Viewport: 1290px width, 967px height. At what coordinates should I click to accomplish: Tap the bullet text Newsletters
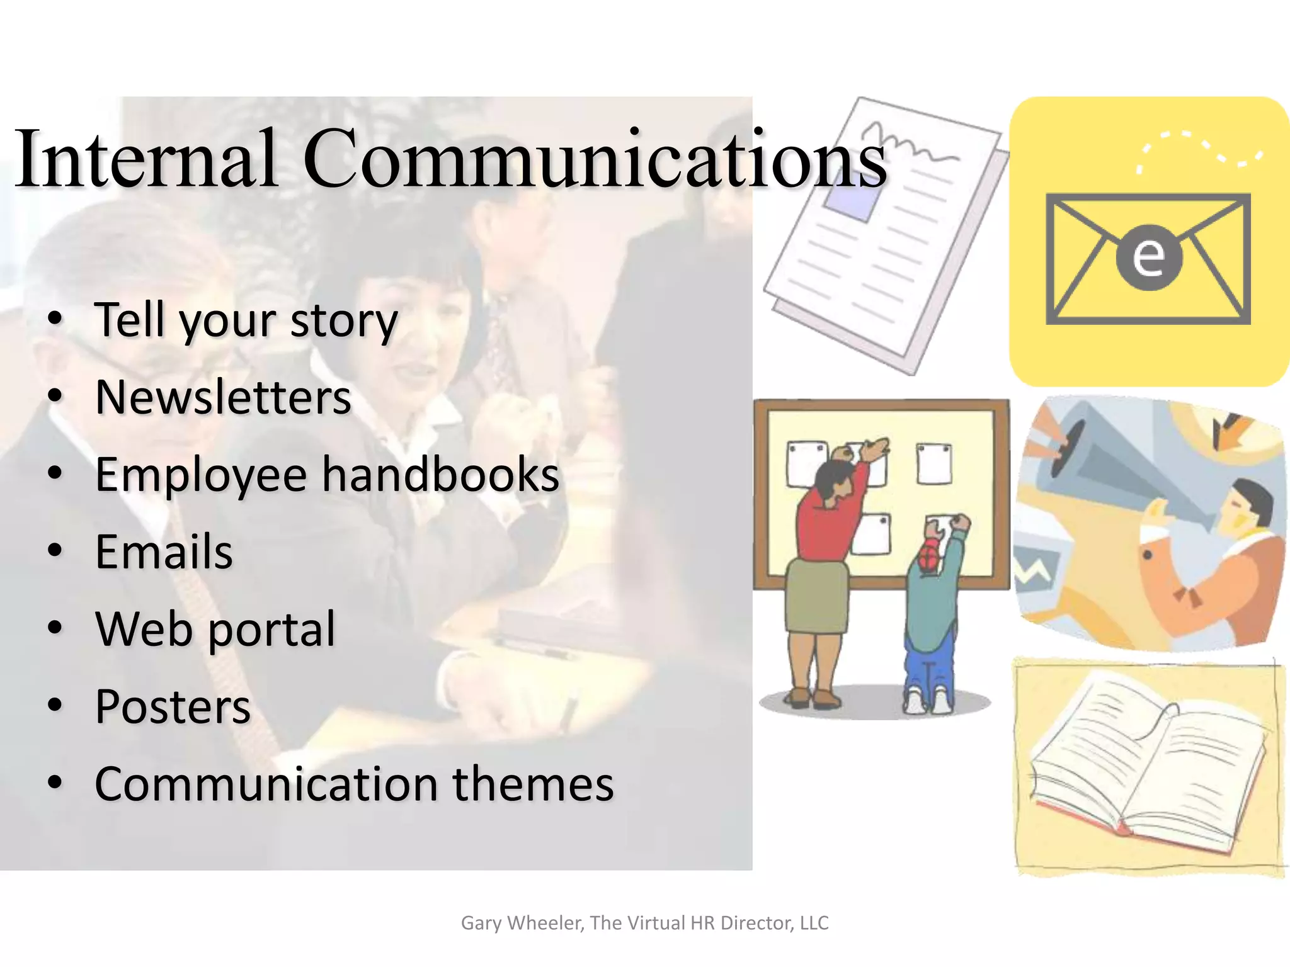(223, 398)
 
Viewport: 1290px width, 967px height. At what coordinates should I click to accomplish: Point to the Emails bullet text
(164, 552)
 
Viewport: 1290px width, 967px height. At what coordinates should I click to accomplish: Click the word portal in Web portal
(272, 630)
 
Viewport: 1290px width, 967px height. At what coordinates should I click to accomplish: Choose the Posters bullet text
(173, 707)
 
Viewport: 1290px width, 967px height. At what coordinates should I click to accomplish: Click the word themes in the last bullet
(533, 784)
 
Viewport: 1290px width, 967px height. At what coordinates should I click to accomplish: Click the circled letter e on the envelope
(1148, 257)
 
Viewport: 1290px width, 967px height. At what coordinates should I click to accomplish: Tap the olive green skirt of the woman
(816, 596)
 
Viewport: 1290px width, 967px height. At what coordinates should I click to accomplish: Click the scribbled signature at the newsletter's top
(907, 142)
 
